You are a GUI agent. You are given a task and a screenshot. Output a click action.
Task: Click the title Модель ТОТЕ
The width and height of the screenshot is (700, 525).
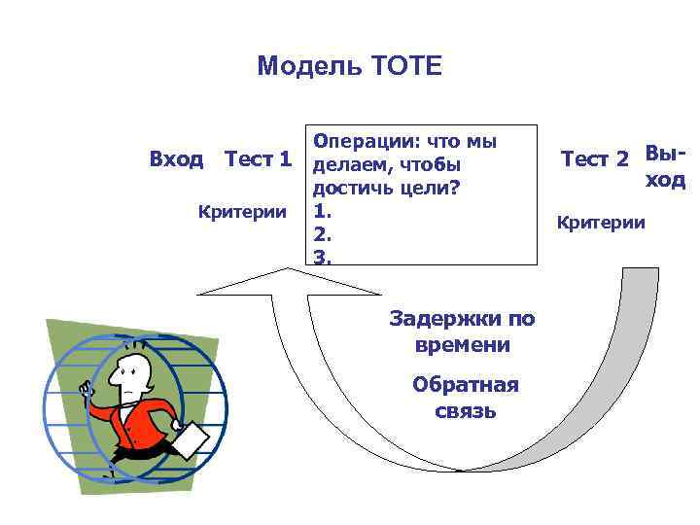pos(349,66)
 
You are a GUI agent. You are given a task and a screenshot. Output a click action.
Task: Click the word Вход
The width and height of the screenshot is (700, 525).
pos(176,158)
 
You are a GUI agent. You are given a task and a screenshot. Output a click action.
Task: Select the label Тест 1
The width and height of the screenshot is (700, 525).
pos(258,158)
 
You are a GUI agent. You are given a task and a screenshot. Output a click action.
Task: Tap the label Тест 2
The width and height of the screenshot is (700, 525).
pos(595,159)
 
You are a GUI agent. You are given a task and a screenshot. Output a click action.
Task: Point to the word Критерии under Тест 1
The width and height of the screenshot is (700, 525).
pos(242,211)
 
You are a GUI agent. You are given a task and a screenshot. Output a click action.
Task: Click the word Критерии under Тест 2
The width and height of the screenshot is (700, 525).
pos(600,223)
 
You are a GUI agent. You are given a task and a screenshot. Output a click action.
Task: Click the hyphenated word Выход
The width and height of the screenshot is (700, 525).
pos(665,166)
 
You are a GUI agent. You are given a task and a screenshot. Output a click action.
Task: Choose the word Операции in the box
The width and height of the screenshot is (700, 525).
pos(356,141)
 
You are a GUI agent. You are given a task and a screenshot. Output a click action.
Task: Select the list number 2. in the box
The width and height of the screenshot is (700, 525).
pos(320,234)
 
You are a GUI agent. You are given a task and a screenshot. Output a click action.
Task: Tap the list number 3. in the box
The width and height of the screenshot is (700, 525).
pos(321,257)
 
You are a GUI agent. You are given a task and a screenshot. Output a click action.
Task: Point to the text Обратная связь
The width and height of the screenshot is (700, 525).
pos(466,397)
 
